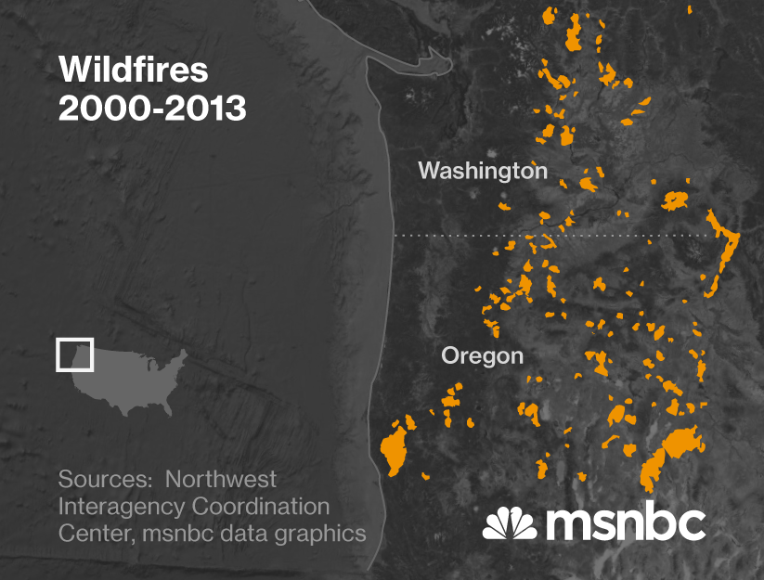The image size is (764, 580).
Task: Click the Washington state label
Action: (x=482, y=171)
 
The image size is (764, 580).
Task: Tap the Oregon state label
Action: (x=482, y=355)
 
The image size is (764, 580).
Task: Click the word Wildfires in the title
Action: (x=134, y=71)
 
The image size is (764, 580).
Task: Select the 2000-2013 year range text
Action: (x=152, y=109)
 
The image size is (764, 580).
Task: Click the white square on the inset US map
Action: (x=74, y=354)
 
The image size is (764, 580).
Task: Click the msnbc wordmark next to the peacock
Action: (x=626, y=524)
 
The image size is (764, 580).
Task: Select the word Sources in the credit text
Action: (x=99, y=480)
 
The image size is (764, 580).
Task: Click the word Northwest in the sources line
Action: (x=221, y=480)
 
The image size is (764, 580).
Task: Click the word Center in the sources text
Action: (x=91, y=535)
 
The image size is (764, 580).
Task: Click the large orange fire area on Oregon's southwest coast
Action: (x=395, y=447)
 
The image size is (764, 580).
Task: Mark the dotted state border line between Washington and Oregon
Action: (x=557, y=236)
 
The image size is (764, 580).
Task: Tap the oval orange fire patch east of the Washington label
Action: (x=675, y=199)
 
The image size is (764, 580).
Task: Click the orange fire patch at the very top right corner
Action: (x=689, y=9)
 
